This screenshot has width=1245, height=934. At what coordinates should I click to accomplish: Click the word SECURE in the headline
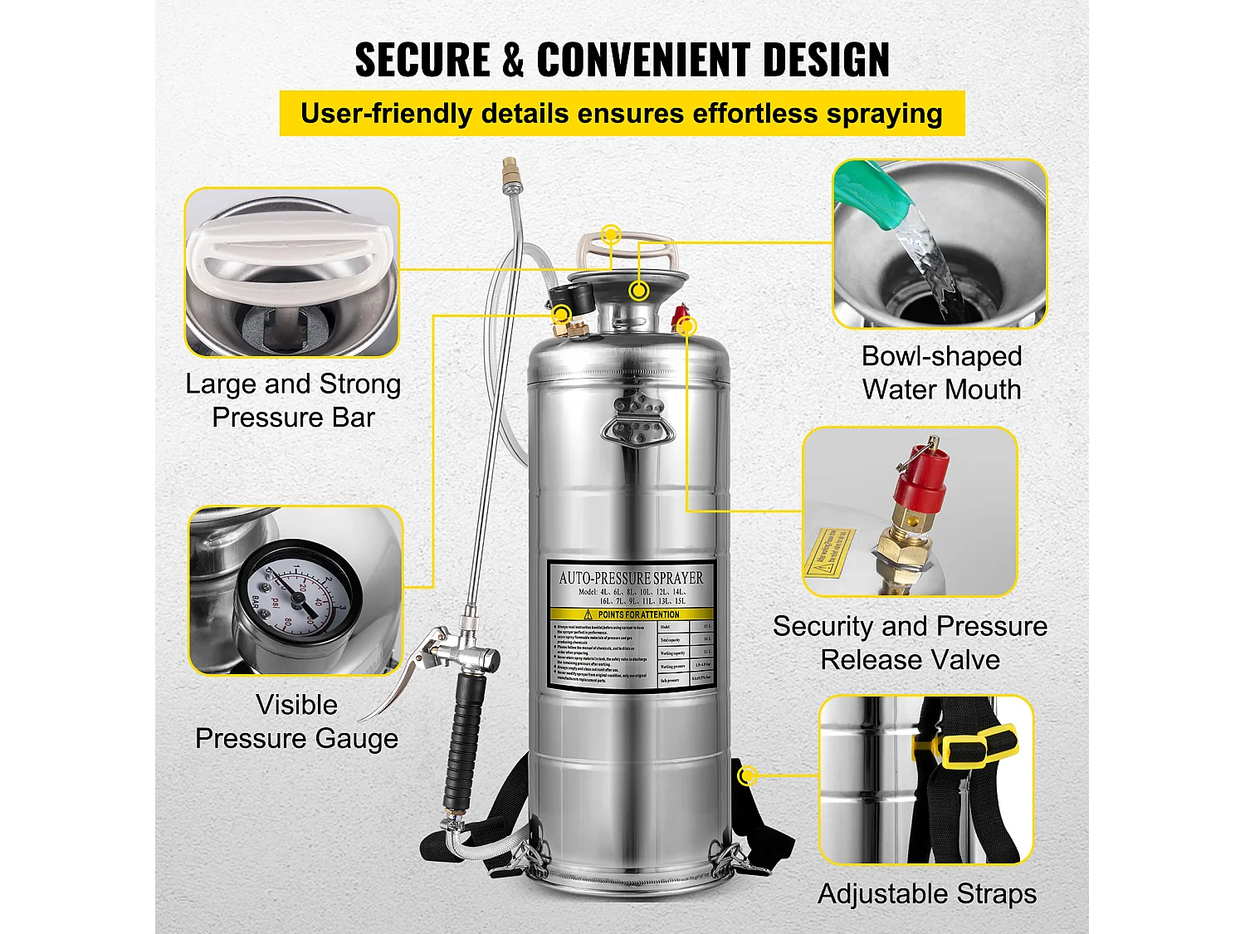(422, 60)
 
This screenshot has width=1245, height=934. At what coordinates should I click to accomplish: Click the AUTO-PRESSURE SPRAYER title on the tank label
(631, 578)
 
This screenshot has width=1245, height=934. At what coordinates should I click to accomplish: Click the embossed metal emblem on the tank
(637, 420)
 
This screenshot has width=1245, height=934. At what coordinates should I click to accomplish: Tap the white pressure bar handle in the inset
(290, 250)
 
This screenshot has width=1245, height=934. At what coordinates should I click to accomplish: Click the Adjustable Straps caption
(927, 894)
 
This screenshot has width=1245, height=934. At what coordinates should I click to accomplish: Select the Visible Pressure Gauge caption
(296, 721)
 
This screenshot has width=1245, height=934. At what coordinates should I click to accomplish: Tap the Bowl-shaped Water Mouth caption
(941, 373)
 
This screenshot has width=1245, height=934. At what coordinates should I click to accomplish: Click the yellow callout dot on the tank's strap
(748, 775)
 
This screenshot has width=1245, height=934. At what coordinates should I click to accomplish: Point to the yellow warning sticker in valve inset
(828, 551)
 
